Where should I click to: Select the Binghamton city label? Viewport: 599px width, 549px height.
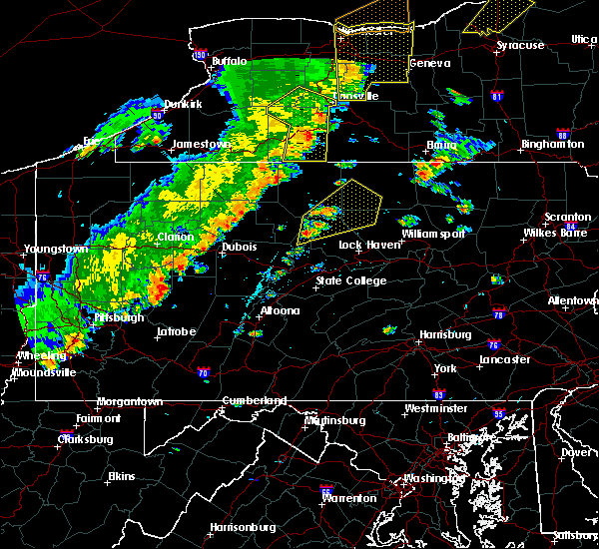tap(552, 145)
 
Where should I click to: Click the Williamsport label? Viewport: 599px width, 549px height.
tap(433, 234)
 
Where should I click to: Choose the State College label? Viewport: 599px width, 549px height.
tap(350, 281)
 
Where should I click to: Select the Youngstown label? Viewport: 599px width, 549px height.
tap(57, 248)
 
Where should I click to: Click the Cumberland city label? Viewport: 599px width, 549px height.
tap(252, 401)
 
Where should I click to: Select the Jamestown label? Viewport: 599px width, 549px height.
tap(201, 144)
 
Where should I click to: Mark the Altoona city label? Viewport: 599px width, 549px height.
tap(280, 310)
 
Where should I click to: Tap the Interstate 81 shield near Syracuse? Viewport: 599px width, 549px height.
tap(497, 96)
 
